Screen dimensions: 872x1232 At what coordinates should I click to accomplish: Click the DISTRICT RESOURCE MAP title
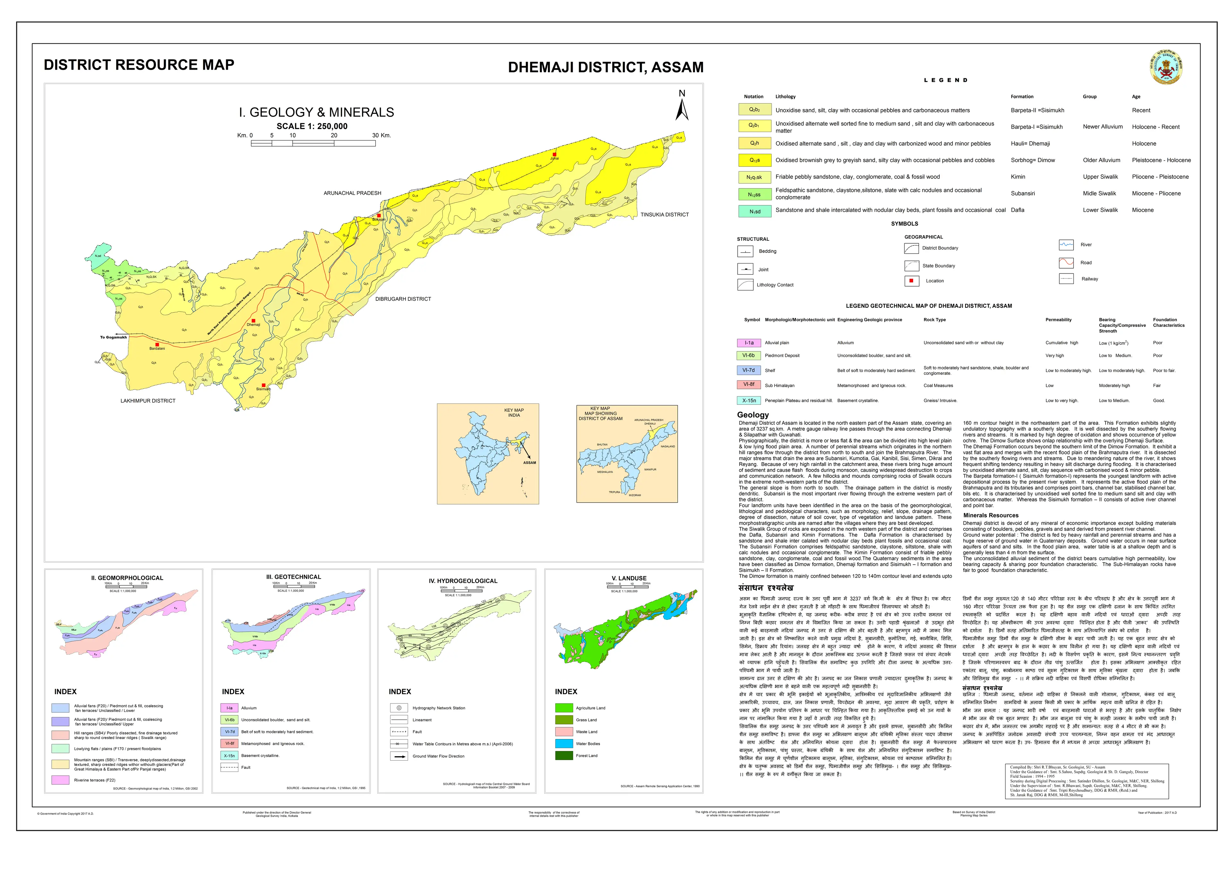pos(139,65)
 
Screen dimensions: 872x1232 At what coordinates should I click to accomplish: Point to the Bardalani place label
pos(157,349)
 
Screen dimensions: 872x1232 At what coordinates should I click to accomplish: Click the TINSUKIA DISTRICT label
pos(664,215)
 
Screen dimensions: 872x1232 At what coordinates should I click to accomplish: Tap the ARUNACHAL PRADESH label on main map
pos(352,193)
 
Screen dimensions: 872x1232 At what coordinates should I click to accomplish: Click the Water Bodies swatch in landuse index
pos(564,744)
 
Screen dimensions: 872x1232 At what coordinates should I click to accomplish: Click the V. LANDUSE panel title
pos(629,578)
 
